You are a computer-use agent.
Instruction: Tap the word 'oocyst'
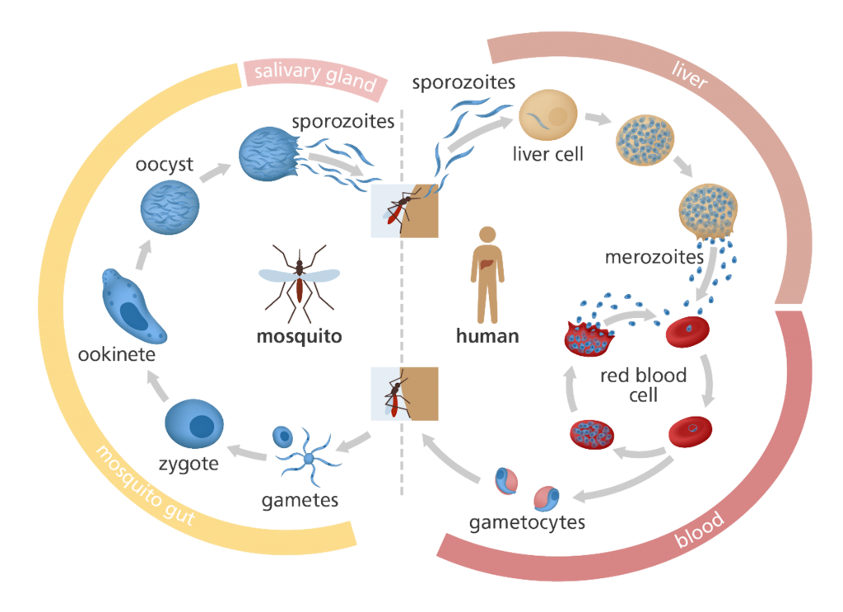click(165, 165)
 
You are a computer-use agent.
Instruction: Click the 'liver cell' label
click(547, 154)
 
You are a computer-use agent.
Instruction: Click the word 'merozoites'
click(654, 256)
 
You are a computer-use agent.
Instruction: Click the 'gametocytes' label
click(527, 522)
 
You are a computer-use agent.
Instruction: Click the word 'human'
click(487, 335)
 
